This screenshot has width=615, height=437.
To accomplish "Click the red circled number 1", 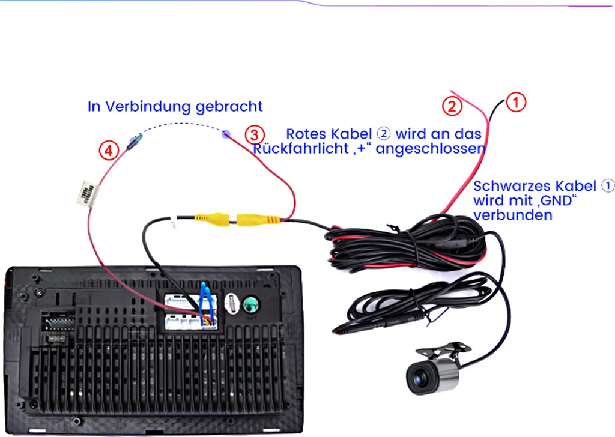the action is [516, 102].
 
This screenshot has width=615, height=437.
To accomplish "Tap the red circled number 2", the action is [452, 106].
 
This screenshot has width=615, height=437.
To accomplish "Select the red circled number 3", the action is [255, 135].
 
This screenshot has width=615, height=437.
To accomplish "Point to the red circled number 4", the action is [109, 151].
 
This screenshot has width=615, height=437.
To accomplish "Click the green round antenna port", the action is [250, 304].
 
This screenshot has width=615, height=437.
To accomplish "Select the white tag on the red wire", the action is [88, 193].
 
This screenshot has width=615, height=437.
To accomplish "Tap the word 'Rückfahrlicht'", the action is [301, 148].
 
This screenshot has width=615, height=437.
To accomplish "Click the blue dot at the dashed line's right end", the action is [226, 134].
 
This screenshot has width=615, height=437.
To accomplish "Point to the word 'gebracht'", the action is [229, 107].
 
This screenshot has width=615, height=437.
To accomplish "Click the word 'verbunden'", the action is [513, 215].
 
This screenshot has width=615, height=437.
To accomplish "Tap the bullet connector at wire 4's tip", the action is [134, 141].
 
